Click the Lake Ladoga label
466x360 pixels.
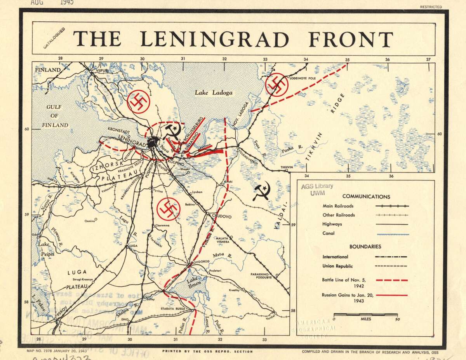214,93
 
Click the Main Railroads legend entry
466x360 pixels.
338,206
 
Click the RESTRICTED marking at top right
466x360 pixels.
431,7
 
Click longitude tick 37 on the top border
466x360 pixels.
428,59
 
